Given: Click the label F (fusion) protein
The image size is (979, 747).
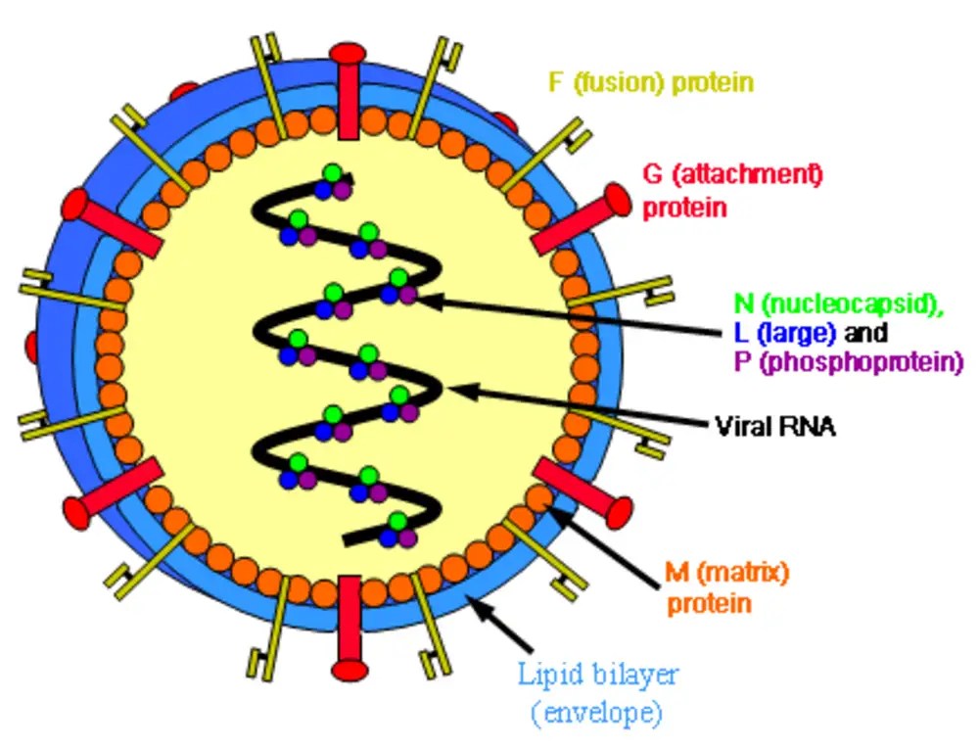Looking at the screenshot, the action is [651, 83].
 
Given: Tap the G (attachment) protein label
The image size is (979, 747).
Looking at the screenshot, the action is [731, 191].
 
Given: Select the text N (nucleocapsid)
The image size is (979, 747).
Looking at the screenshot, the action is [838, 303].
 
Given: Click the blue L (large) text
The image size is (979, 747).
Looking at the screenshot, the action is [785, 333].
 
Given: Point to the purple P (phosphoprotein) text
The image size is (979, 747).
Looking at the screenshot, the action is [849, 362].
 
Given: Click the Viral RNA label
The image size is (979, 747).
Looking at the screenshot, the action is [774, 427].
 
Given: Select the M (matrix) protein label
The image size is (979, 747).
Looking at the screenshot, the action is [726, 587].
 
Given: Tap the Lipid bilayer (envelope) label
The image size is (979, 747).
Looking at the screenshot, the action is [597, 693].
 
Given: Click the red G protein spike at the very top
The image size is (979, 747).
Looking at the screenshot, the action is [348, 91].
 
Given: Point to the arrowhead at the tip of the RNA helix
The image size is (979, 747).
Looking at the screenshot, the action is [349, 179].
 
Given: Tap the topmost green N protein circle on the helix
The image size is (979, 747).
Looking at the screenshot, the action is [333, 172].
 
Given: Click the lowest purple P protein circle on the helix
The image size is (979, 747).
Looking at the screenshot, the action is [407, 538].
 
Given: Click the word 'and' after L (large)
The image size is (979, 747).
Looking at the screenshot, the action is [865, 333].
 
